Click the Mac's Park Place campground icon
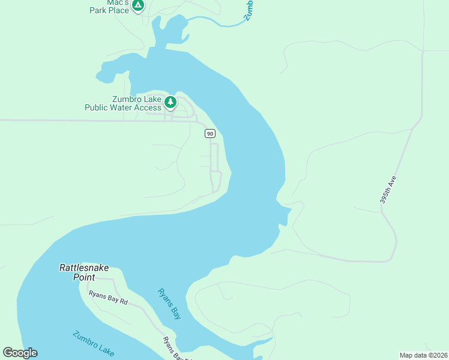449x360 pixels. pyautogui.click(x=138, y=6)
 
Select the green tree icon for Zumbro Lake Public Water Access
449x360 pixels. pyautogui.click(x=170, y=102)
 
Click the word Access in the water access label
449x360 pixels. pyautogui.click(x=148, y=108)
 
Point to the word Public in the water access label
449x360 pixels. pyautogui.click(x=97, y=108)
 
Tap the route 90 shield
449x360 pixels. pyautogui.click(x=209, y=133)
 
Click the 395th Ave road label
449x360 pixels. pyautogui.click(x=388, y=190)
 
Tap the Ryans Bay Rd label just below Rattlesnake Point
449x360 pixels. pyautogui.click(x=108, y=298)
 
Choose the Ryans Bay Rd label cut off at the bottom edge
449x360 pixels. pyautogui.click(x=172, y=349)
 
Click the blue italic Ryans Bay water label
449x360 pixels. pyautogui.click(x=169, y=304)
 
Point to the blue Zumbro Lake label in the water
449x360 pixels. pyautogui.click(x=93, y=344)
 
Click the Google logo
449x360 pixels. pyautogui.click(x=20, y=353)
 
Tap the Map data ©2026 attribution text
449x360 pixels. pyautogui.click(x=423, y=355)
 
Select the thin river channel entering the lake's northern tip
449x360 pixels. pyautogui.click(x=216, y=23)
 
